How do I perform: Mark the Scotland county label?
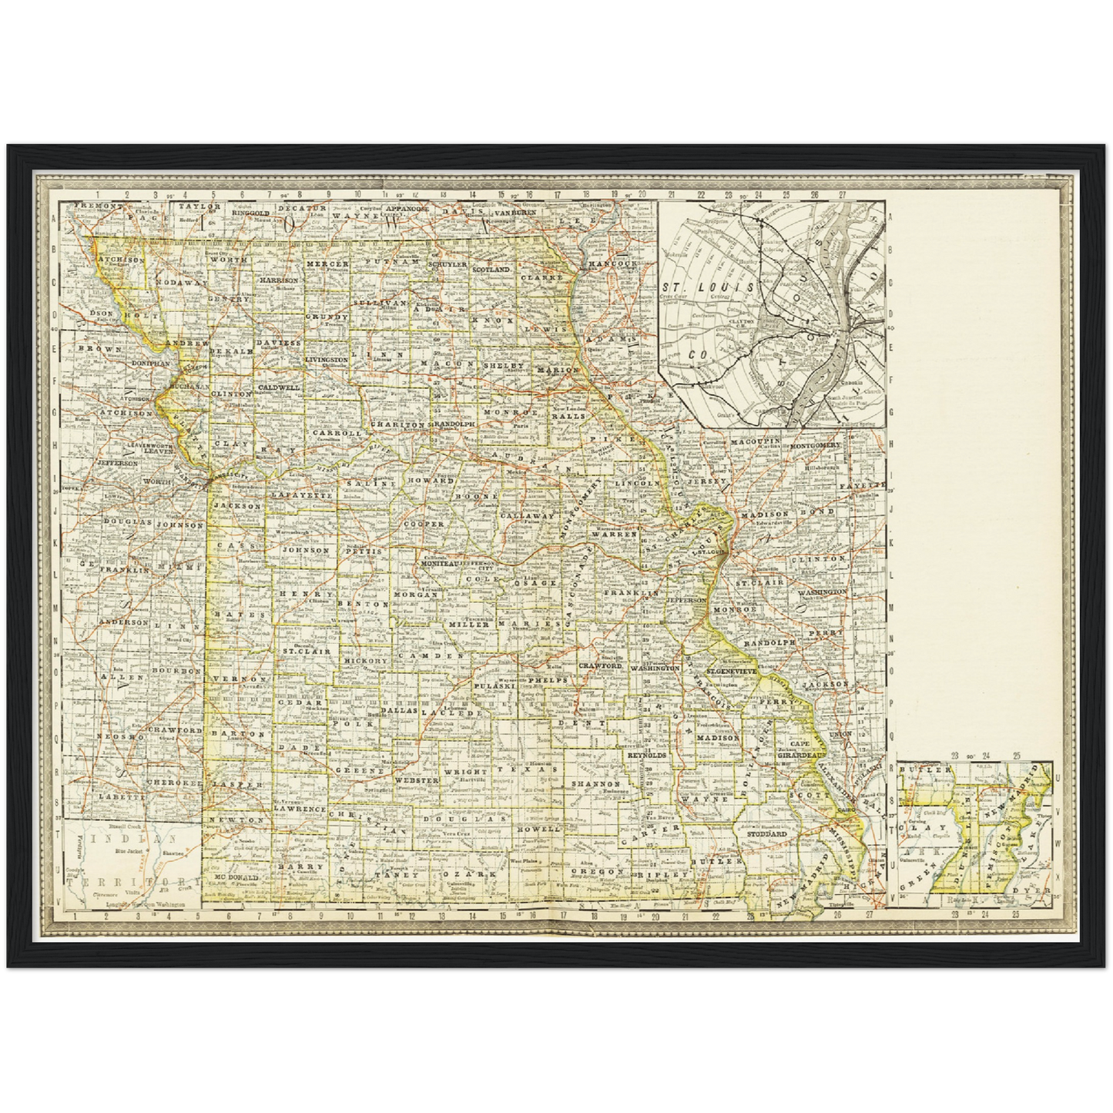tap(491, 270)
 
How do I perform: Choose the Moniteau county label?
tap(440, 564)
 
